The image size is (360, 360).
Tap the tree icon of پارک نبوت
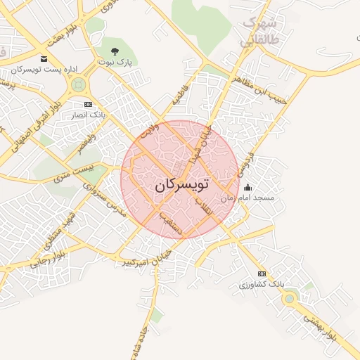[x=115, y=51]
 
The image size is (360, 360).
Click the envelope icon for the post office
[x=44, y=58]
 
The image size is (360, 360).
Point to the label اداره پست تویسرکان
[x=44, y=70]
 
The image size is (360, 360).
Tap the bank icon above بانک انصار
[x=88, y=103]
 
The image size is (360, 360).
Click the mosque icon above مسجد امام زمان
[x=247, y=188]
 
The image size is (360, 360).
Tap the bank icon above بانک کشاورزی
[x=262, y=274]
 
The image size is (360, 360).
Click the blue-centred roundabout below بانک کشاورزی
[x=289, y=299]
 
